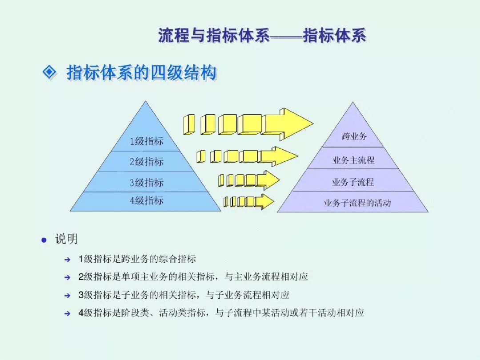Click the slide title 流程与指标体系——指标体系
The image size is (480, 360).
[x=262, y=35]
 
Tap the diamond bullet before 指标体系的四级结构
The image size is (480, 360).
[x=49, y=72]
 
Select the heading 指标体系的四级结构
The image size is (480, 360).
[x=141, y=73]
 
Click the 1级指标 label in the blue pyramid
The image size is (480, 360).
[x=146, y=141]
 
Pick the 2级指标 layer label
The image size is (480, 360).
[x=146, y=161]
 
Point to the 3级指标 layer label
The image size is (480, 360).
[x=146, y=183]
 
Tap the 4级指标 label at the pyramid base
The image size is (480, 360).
[x=146, y=200]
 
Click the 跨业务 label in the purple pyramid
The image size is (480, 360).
[x=354, y=136]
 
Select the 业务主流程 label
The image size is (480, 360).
[x=354, y=160]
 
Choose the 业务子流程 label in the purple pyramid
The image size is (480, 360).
[x=353, y=182]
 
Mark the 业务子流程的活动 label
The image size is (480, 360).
[x=357, y=203]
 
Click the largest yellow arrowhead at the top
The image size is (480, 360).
[x=288, y=124]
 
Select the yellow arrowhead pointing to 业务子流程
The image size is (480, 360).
[x=268, y=180]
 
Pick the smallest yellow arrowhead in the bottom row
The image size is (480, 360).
[x=264, y=201]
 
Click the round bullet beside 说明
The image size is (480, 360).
[x=44, y=240]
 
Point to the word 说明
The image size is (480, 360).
[x=66, y=239]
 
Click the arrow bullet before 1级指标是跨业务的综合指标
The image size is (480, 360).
[x=68, y=260]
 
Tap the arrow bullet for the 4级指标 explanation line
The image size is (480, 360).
[x=68, y=313]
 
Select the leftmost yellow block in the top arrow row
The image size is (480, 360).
[x=189, y=124]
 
